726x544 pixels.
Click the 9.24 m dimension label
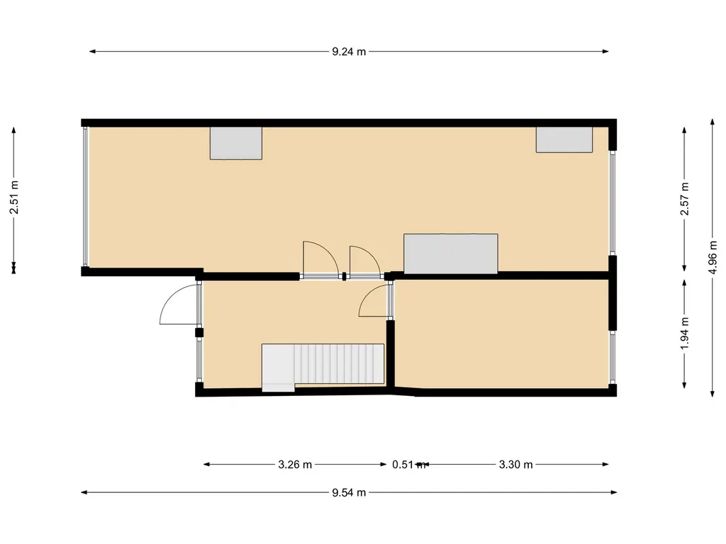[349, 52]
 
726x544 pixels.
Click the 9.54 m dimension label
[349, 493]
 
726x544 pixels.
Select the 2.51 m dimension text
[14, 198]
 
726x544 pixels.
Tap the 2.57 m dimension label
[684, 198]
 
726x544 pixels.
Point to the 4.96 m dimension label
[713, 258]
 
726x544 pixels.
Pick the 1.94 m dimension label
[684, 334]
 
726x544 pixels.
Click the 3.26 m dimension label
[295, 465]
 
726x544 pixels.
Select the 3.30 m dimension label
[516, 465]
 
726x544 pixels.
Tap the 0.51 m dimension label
[408, 465]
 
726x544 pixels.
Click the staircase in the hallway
[323, 368]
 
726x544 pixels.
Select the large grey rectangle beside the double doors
[450, 254]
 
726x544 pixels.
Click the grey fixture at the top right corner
[564, 140]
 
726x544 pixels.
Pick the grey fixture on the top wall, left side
[236, 143]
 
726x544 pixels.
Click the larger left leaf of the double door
[320, 260]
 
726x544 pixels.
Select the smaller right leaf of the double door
[365, 262]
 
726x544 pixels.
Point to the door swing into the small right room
[374, 300]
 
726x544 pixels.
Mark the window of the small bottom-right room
[613, 357]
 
